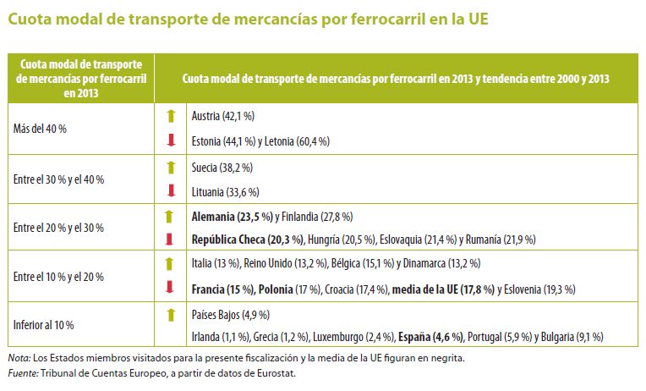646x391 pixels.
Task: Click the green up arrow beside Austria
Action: tap(169, 116)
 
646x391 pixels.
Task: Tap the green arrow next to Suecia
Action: tap(169, 167)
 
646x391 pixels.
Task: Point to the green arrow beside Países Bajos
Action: tap(169, 314)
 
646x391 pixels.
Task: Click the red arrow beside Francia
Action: tap(169, 288)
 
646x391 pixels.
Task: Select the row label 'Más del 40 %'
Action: tap(40, 128)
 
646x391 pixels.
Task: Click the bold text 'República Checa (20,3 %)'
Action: tap(248, 240)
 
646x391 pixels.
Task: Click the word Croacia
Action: tap(340, 289)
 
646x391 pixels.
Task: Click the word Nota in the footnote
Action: tap(17, 358)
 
